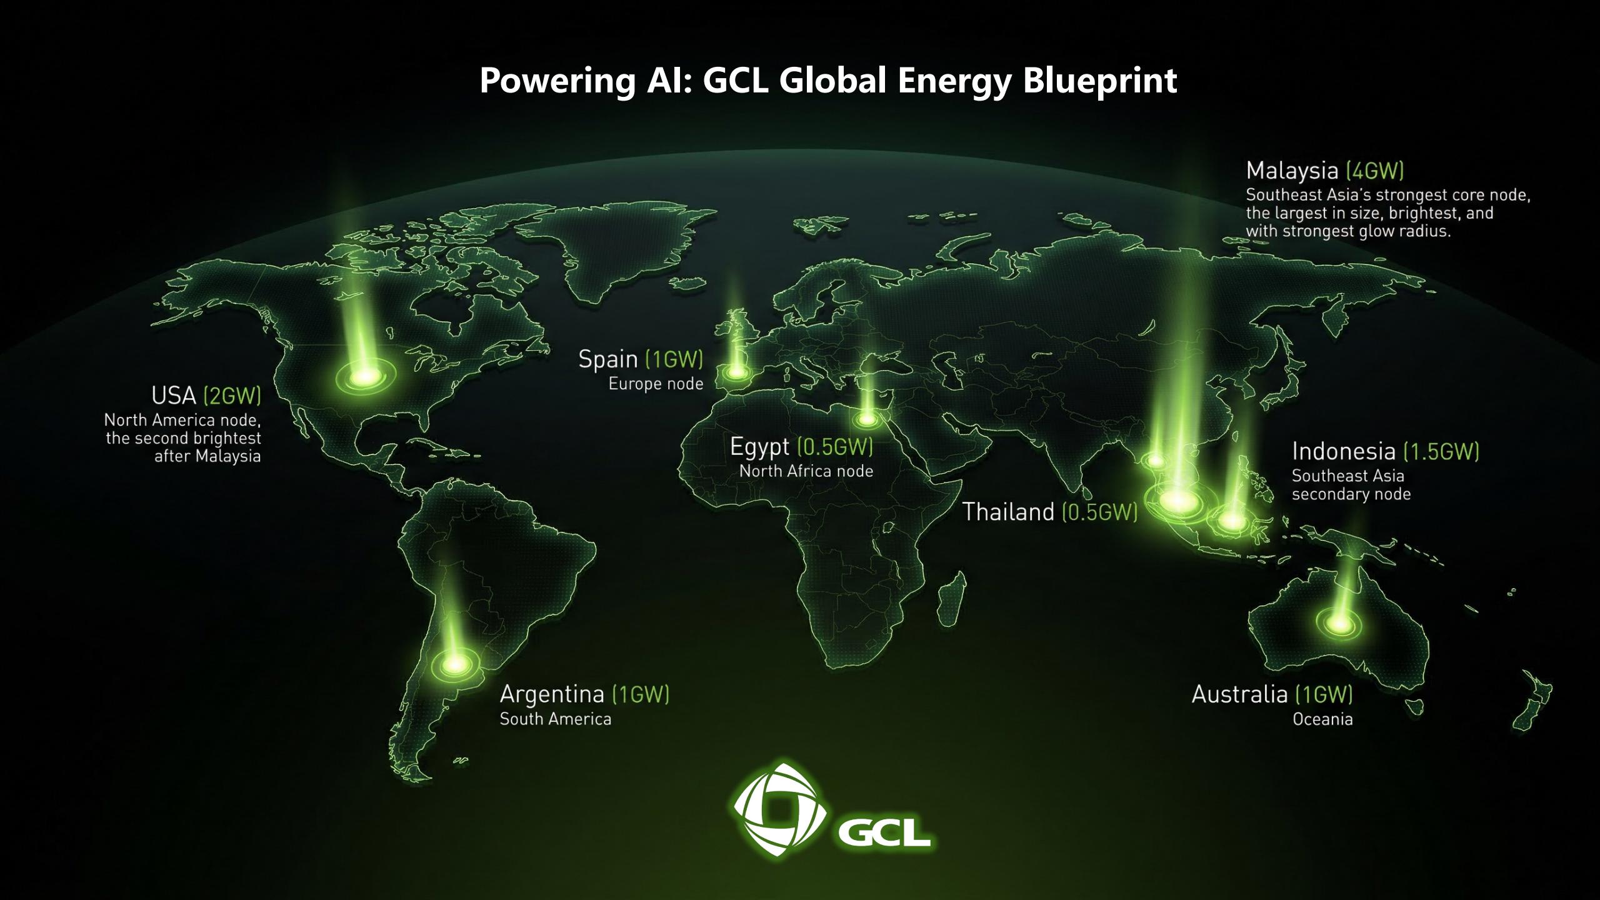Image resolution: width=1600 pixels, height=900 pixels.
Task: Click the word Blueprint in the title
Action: pos(1100,82)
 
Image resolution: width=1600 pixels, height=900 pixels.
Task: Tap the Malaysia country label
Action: pos(1292,171)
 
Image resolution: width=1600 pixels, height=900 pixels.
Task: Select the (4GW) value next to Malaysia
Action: pos(1375,171)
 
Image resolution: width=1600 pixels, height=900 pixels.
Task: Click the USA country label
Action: pos(174,396)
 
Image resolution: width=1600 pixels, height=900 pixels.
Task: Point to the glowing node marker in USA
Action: pos(365,376)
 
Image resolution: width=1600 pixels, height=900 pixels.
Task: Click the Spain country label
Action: pos(608,360)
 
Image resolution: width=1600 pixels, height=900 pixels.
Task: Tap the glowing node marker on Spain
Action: pos(737,372)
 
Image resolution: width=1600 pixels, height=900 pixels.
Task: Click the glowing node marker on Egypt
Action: pos(867,419)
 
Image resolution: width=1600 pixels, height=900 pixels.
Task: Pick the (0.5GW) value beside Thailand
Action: pos(1100,512)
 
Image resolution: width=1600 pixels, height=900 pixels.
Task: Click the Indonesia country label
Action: pos(1344,451)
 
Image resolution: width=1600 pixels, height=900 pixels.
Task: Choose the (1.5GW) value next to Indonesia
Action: pos(1441,451)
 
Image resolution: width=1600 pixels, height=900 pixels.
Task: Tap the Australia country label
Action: pos(1240,694)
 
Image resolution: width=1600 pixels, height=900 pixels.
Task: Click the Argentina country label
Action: pos(552,695)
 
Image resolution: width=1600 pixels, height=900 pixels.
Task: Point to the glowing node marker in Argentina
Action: pos(455,662)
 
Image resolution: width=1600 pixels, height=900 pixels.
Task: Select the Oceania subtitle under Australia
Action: pos(1322,719)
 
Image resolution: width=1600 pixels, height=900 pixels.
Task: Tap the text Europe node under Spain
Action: pos(656,384)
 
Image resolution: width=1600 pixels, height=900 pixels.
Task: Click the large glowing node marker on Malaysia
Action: pos(1176,500)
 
